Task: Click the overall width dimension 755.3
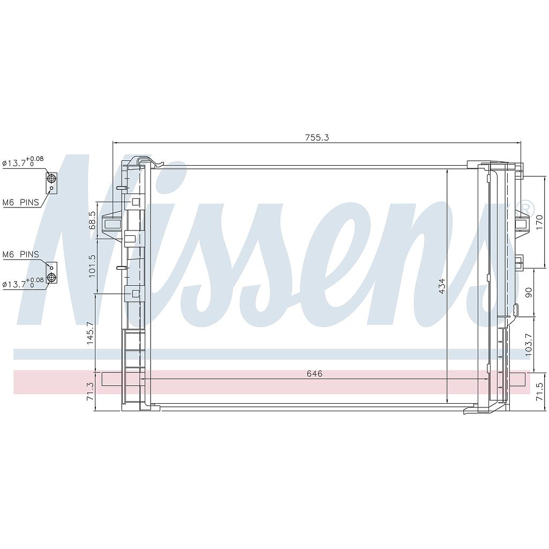[x=317, y=137]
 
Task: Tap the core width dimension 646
[x=315, y=374]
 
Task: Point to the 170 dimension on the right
[x=540, y=221]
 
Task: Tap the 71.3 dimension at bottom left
[x=90, y=391]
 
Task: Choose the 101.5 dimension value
[x=92, y=265]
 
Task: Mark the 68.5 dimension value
[x=92, y=220]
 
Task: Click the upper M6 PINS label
[x=21, y=202]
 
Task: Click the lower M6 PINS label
[x=21, y=254]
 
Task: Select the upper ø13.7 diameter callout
[x=23, y=161]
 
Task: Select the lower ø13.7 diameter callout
[x=23, y=283]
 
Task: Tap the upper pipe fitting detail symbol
[x=51, y=182]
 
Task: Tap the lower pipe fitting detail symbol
[x=51, y=273]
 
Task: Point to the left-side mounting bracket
[x=113, y=224]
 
